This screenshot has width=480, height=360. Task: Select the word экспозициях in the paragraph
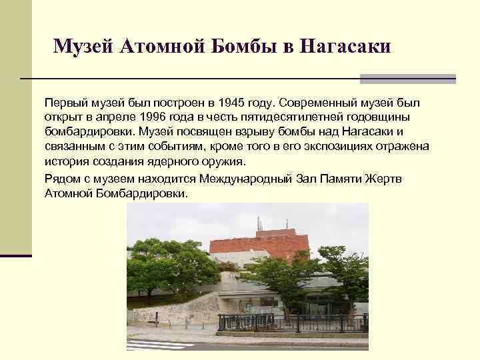299,146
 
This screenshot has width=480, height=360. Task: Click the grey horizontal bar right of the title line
407,79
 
